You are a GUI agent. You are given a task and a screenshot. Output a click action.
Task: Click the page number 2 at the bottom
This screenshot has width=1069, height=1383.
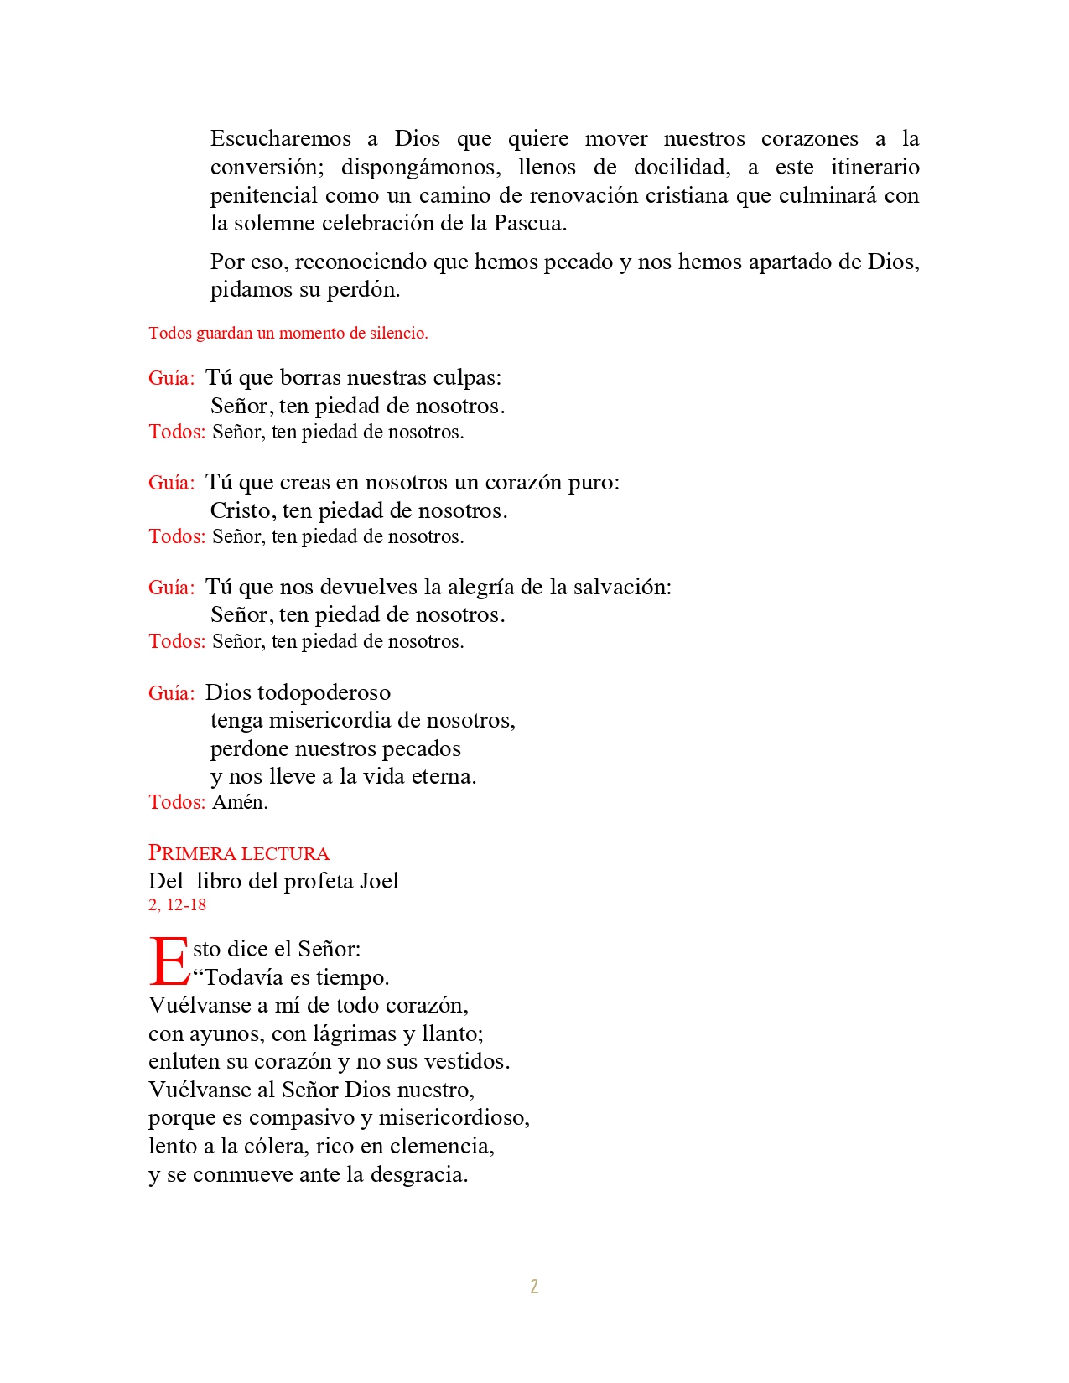(534, 1287)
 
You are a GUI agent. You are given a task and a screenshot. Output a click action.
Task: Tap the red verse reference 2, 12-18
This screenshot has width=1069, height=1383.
(177, 905)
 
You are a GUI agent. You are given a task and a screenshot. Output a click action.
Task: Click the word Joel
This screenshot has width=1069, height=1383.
(379, 881)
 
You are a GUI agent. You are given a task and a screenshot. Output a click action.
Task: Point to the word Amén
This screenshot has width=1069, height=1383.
(240, 802)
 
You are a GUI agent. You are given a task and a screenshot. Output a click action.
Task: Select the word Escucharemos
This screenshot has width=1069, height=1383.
(281, 138)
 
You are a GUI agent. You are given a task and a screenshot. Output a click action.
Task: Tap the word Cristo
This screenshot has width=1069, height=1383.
(242, 510)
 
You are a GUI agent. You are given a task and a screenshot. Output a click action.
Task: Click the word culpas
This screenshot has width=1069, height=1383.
(466, 378)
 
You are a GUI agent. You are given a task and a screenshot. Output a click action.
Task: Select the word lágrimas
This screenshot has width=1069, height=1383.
(355, 1033)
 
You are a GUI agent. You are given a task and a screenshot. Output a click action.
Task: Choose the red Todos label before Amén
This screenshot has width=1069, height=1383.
(176, 802)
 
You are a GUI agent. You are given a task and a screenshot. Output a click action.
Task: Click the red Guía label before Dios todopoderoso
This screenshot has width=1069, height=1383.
(171, 693)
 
